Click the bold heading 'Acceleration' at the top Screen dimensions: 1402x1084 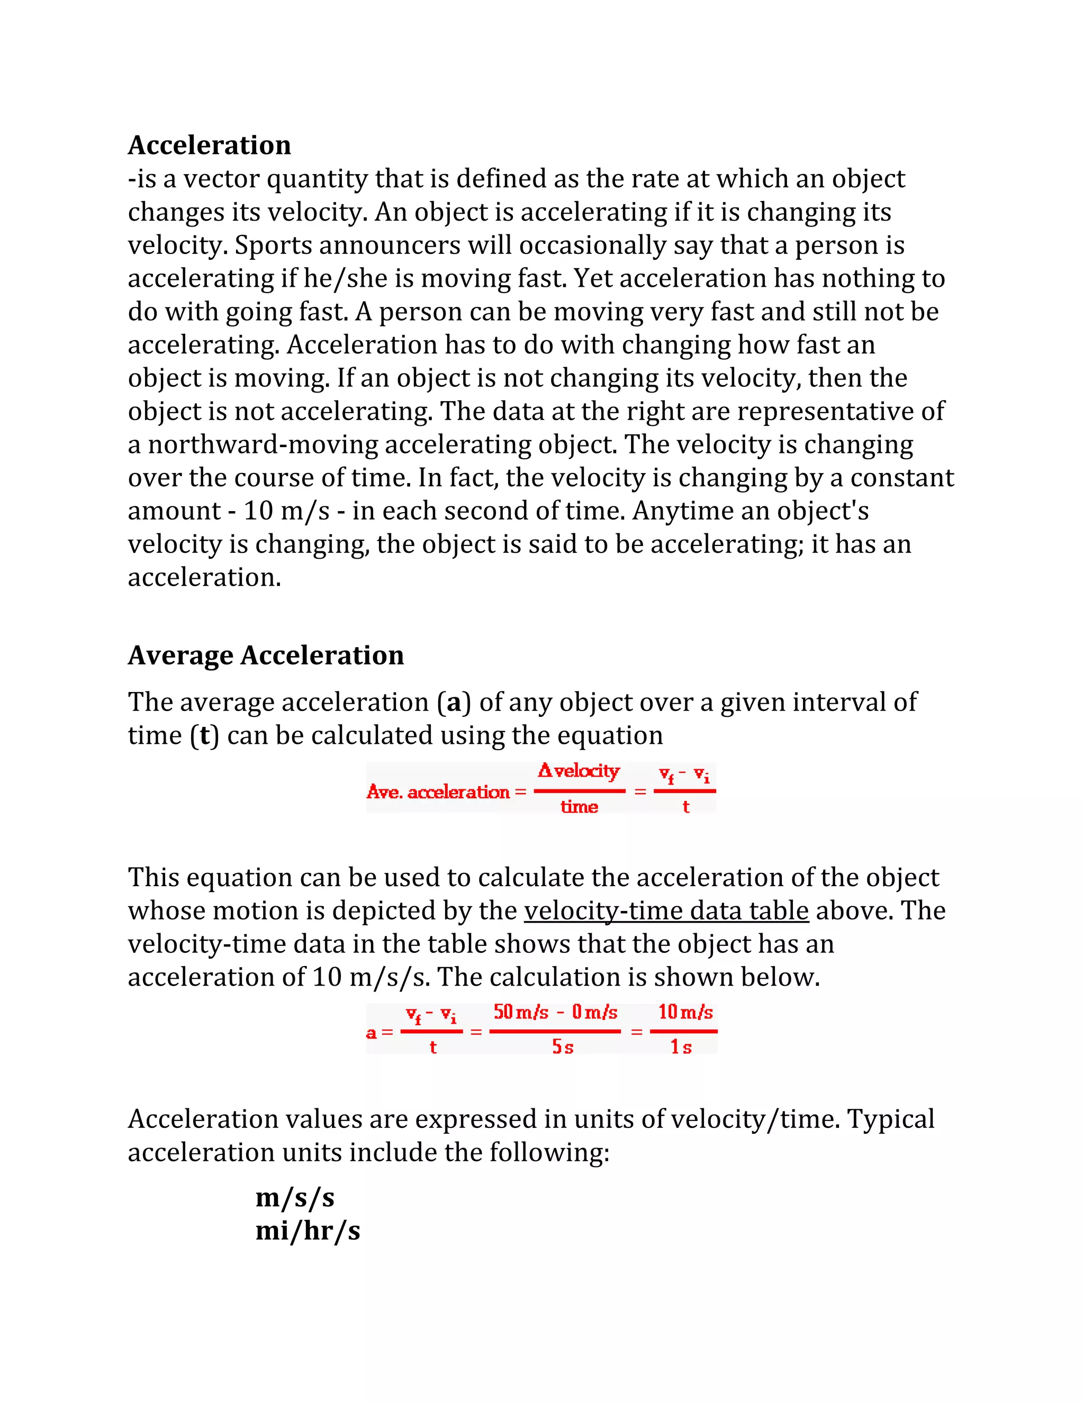click(210, 145)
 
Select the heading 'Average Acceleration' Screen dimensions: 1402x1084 click(266, 656)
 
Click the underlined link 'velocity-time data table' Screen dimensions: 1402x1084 click(666, 911)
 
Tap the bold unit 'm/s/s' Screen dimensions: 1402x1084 click(295, 1198)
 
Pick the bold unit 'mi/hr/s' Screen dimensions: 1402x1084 click(308, 1231)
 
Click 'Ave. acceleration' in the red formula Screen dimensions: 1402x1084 click(438, 792)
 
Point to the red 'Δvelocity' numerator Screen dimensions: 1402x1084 click(579, 771)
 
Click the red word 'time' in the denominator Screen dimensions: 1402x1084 click(579, 807)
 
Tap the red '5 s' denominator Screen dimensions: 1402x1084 click(563, 1047)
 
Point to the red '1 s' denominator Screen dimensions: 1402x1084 click(681, 1047)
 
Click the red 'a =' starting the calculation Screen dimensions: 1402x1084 click(379, 1033)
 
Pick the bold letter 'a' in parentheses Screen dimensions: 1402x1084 click(454, 702)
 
